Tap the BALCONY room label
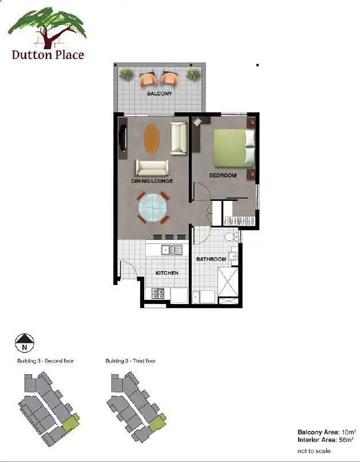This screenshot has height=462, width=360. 160,93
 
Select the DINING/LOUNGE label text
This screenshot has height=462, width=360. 152,181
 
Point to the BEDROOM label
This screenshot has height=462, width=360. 223,175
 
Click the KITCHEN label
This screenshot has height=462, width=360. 167,273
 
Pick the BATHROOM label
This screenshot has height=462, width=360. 211,259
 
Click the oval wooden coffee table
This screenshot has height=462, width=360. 152,139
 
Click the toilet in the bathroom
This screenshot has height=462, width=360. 229,236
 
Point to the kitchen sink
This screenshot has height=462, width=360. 171,249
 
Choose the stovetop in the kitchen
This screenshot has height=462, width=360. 159,294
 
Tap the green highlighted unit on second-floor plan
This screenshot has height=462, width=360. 70,424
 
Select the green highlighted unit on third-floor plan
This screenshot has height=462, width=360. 156,424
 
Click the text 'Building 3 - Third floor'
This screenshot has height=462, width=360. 130,361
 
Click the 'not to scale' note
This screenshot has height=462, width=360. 314,451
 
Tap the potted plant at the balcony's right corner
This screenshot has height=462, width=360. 193,74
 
